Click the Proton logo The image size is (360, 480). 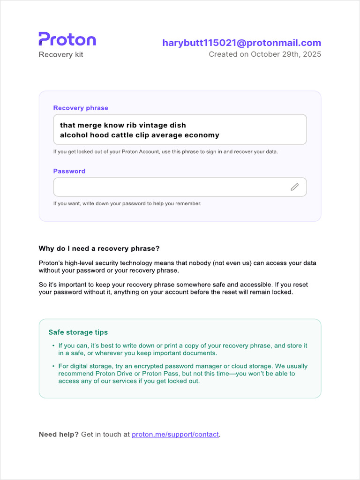coord(67,39)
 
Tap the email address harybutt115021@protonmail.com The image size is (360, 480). coord(241,43)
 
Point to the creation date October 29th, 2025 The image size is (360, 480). coord(286,54)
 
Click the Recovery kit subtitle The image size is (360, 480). coord(61,55)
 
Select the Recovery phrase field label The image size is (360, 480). coord(81,108)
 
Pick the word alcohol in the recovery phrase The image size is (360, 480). coord(75,135)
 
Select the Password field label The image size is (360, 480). coord(69,171)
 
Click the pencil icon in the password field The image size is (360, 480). coord(294,187)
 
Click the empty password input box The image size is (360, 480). coord(169,187)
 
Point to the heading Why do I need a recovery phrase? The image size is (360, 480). coord(99,248)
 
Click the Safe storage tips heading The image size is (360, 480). coord(78,332)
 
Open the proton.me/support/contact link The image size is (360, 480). coord(175,435)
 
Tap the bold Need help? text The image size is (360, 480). coord(59,435)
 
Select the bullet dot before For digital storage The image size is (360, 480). coord(53,366)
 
